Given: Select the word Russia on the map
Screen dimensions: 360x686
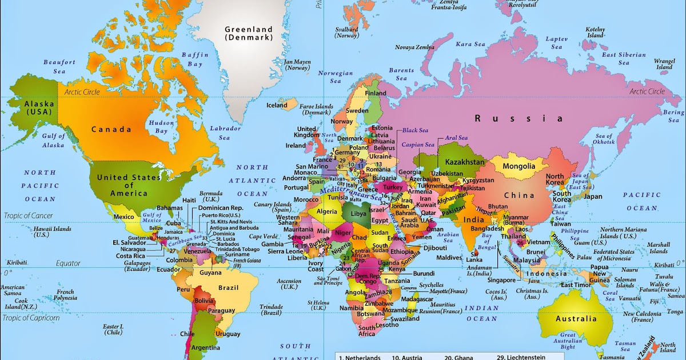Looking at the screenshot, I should click(x=519, y=119).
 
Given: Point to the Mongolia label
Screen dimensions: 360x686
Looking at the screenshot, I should click(x=519, y=167).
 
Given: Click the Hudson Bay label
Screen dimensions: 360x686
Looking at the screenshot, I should click(x=158, y=127).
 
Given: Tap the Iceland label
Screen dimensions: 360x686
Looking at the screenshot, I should click(x=277, y=105).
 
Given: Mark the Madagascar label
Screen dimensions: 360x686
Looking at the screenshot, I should click(x=417, y=299).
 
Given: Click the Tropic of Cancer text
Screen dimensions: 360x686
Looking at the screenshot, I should click(x=29, y=215).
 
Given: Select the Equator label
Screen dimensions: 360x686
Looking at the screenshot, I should click(x=68, y=263).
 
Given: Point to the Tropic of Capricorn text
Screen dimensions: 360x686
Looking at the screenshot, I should click(x=31, y=318).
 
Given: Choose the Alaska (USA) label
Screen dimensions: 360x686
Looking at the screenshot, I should click(x=39, y=108).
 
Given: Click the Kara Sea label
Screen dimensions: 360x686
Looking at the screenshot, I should click(x=470, y=44).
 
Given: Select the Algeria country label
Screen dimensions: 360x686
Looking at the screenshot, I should click(x=327, y=211).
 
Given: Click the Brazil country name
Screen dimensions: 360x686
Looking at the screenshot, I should click(x=228, y=287).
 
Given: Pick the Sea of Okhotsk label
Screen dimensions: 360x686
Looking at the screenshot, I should click(x=604, y=139).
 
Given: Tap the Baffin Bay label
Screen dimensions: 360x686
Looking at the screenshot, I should click(x=195, y=59).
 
